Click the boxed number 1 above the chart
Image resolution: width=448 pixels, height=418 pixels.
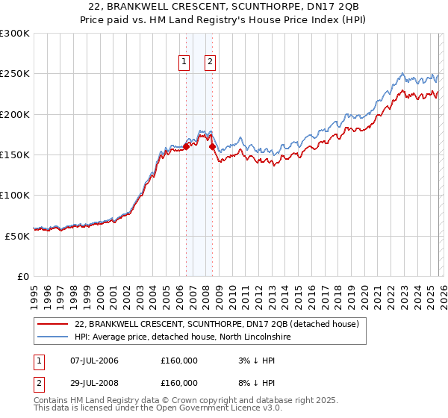point(184,62)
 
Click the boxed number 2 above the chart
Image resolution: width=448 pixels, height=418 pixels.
point(210,62)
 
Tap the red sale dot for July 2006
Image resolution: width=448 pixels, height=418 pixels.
point(186,147)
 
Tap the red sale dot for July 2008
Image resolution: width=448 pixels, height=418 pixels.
point(213,147)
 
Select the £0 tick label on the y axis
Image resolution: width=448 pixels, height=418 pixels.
point(22,276)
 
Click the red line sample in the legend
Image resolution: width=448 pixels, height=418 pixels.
point(52,324)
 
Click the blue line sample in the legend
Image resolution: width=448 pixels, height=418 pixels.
point(52,337)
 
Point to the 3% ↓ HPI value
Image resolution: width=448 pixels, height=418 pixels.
point(254,361)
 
